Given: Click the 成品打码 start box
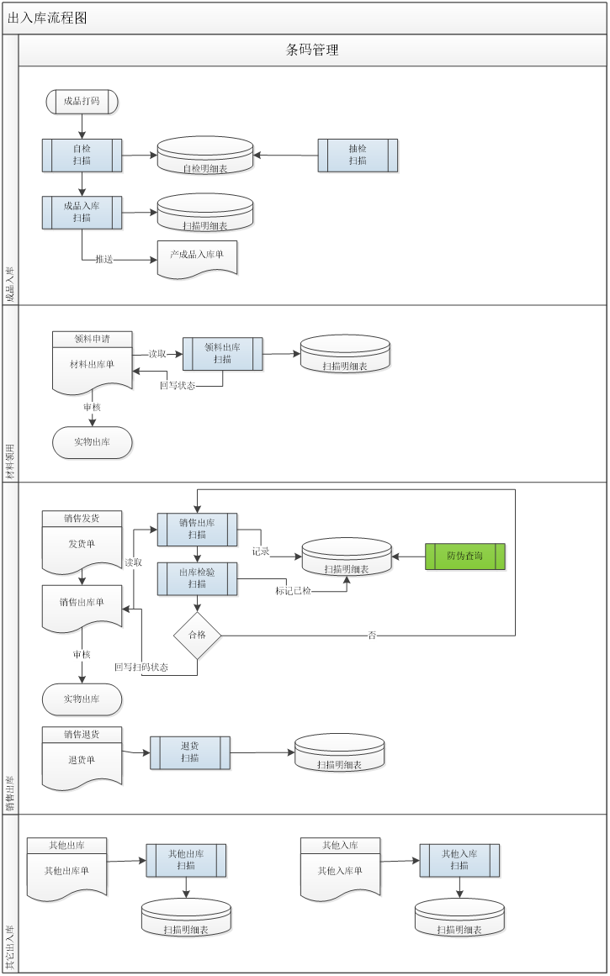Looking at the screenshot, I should [x=82, y=102].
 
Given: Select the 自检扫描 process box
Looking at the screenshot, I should [x=82, y=156].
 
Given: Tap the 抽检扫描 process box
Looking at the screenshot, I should [x=358, y=156].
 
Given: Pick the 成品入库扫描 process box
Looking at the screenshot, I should [x=82, y=212].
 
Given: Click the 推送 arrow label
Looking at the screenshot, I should [x=104, y=260].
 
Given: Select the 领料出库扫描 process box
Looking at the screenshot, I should [x=223, y=354].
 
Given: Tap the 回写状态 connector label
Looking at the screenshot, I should [x=178, y=386].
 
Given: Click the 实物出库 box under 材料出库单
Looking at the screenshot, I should [x=93, y=443].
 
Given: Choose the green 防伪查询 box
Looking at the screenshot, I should [x=465, y=556].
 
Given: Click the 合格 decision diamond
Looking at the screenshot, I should [x=198, y=636].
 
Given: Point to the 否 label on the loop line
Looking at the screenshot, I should [x=372, y=636].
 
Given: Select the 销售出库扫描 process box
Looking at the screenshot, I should [x=198, y=530].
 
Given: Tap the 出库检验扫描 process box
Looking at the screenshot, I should [x=198, y=578].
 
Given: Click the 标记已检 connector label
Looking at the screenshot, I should [x=294, y=591].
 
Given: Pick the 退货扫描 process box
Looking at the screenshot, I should [x=190, y=752].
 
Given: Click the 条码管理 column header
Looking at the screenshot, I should [x=312, y=50].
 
